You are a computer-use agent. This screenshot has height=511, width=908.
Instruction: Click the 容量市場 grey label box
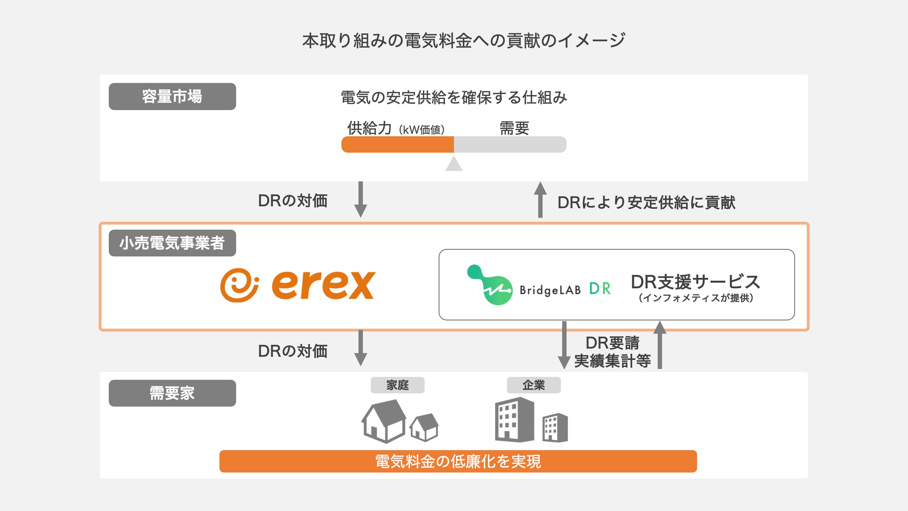click(x=172, y=96)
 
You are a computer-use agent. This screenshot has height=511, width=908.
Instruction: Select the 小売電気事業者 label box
click(x=172, y=243)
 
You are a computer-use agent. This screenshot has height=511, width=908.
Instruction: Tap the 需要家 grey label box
click(x=172, y=393)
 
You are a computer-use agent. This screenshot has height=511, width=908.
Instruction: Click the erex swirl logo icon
click(x=239, y=285)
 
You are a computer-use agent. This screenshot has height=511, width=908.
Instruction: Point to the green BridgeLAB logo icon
click(x=490, y=285)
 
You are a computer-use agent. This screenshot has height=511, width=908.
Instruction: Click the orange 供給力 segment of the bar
click(x=398, y=144)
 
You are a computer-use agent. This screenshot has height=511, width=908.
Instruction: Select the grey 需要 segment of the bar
click(x=510, y=144)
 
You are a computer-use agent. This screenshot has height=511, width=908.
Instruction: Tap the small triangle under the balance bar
click(x=454, y=164)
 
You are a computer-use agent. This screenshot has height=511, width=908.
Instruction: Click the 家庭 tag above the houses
click(x=398, y=385)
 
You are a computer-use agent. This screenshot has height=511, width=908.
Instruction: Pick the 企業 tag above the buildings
click(x=534, y=385)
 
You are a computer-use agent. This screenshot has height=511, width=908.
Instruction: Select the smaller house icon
click(x=424, y=427)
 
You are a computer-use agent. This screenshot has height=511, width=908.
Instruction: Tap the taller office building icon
click(x=515, y=420)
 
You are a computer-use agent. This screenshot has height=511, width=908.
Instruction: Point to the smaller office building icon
click(x=555, y=427)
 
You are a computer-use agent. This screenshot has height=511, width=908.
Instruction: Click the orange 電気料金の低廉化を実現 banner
click(x=458, y=461)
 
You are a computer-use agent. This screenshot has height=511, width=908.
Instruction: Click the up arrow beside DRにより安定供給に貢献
click(x=540, y=200)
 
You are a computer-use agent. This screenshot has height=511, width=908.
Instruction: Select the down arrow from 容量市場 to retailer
click(x=361, y=200)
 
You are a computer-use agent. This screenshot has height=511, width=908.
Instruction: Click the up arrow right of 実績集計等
click(x=660, y=345)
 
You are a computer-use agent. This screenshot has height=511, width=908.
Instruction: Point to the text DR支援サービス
click(x=696, y=282)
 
